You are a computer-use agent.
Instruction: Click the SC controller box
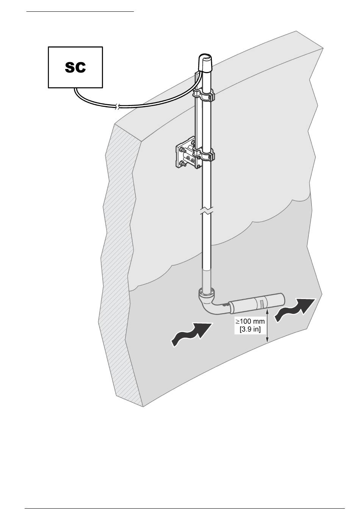pyautogui.click(x=75, y=67)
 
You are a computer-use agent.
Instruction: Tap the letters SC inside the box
pyautogui.click(x=75, y=67)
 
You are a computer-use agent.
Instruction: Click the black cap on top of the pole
pyautogui.click(x=207, y=64)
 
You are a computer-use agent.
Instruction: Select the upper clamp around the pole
pyautogui.click(x=205, y=95)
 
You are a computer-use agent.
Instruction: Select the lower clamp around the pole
pyautogui.click(x=205, y=155)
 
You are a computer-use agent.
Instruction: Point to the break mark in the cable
pyautogui.click(x=119, y=107)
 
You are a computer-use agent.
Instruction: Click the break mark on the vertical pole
pyautogui.click(x=207, y=211)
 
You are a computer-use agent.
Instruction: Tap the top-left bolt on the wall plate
pyautogui.click(x=182, y=147)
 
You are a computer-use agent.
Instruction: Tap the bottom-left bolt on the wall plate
pyautogui.click(x=182, y=164)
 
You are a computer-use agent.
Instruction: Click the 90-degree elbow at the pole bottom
pyautogui.click(x=207, y=303)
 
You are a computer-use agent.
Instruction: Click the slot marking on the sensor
pyautogui.click(x=260, y=303)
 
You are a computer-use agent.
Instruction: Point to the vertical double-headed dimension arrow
pyautogui.click(x=268, y=326)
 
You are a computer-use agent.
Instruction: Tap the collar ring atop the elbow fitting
pyautogui.click(x=207, y=293)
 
